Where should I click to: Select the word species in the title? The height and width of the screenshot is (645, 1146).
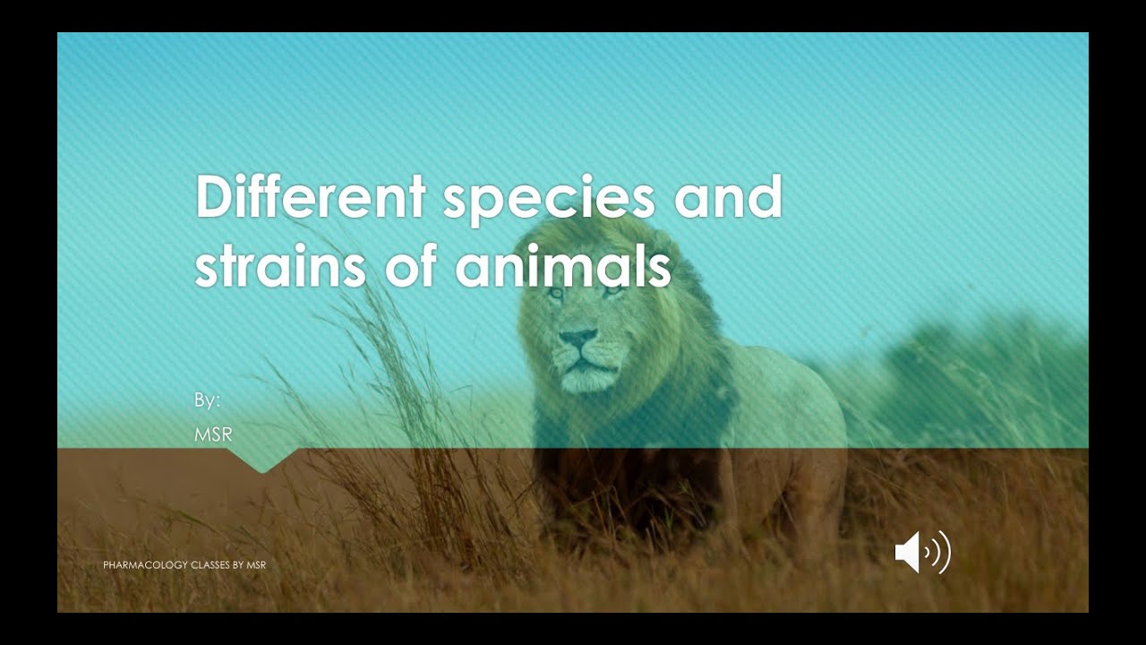tap(549, 199)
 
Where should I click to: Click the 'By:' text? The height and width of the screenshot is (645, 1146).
tap(207, 400)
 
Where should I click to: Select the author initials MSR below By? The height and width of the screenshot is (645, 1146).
tap(213, 434)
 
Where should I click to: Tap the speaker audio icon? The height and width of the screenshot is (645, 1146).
tap(922, 551)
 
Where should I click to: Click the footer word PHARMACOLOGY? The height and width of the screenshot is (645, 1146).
tap(145, 565)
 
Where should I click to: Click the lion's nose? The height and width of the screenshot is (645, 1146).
tap(577, 339)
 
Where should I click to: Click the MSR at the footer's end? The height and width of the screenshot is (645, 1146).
tap(257, 565)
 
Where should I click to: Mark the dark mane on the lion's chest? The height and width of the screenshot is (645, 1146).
tap(618, 457)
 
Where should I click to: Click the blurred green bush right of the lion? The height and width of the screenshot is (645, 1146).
tap(967, 376)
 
